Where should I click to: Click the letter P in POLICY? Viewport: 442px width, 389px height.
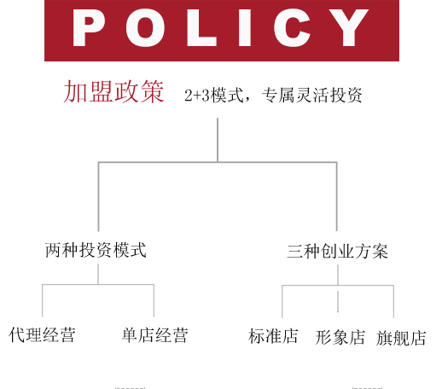(x=88, y=27)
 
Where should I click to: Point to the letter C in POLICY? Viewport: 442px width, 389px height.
(x=292, y=27)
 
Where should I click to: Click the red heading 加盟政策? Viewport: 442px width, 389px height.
(x=113, y=91)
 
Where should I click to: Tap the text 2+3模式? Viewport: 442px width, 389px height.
(x=214, y=95)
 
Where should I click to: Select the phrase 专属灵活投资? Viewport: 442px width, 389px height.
(x=311, y=95)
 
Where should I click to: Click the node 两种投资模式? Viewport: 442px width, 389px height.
(x=96, y=250)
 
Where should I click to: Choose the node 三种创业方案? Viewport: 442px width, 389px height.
(x=337, y=252)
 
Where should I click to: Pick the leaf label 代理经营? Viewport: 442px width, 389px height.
(x=42, y=334)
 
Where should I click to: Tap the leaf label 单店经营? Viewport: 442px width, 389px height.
(x=155, y=335)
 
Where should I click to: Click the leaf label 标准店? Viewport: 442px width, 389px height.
(x=273, y=336)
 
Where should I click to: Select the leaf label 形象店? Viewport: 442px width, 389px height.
(x=340, y=338)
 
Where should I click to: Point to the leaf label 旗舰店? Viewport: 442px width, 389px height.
(x=401, y=338)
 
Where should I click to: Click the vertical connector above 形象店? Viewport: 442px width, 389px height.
(x=338, y=301)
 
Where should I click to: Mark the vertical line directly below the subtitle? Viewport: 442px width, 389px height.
(x=218, y=140)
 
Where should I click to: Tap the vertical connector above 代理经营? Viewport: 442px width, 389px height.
(x=43, y=300)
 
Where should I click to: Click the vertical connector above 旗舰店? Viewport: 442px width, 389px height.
(x=393, y=301)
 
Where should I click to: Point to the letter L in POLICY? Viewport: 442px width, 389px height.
(x=201, y=27)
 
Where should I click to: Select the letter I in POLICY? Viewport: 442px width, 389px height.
(x=245, y=27)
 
